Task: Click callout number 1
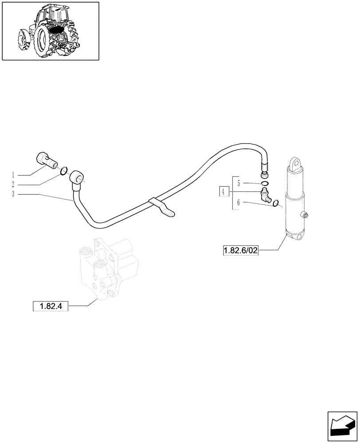pyautogui.click(x=14, y=174)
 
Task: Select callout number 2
pyautogui.click(x=14, y=184)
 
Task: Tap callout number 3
pyautogui.click(x=14, y=194)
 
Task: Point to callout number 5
pyautogui.click(x=239, y=183)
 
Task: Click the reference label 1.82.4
pyautogui.click(x=51, y=306)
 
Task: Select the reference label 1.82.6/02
pyautogui.click(x=240, y=251)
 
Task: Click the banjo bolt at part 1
pyautogui.click(x=45, y=160)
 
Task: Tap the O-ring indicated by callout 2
pyautogui.click(x=64, y=171)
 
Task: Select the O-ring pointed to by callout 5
pyautogui.click(x=264, y=184)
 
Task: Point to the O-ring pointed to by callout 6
pyautogui.click(x=276, y=203)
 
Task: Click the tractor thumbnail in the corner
pyautogui.click(x=50, y=31)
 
